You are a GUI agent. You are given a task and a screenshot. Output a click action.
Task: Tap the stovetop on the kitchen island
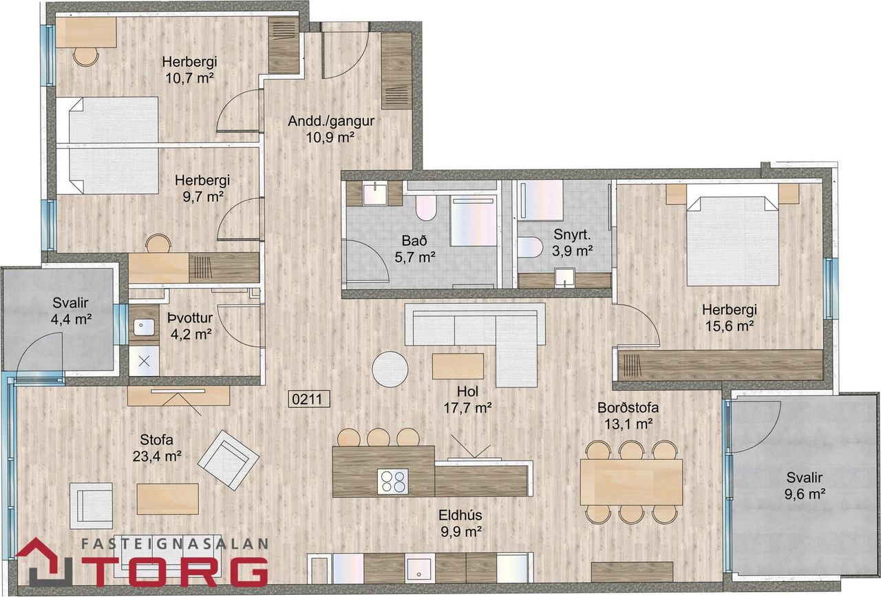click(392, 481)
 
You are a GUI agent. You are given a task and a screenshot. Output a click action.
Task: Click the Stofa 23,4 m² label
click(158, 447)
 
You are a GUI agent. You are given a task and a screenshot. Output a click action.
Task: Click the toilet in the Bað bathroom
click(426, 207)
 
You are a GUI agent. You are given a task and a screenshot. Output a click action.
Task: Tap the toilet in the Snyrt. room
click(530, 247)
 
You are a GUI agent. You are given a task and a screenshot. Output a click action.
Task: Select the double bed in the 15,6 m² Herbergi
click(732, 239)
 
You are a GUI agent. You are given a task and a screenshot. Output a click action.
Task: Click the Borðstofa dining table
click(631, 481)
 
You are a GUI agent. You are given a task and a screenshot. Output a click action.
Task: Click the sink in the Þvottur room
click(145, 327)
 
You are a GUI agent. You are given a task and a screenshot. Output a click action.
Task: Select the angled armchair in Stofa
click(229, 459)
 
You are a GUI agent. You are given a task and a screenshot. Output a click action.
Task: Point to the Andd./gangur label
click(330, 129)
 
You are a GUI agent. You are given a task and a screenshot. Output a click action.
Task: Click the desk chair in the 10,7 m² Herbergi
click(87, 56)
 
